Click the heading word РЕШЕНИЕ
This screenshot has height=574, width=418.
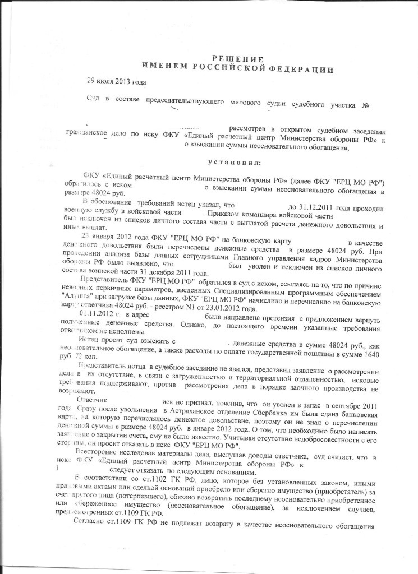pos(237,59)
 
